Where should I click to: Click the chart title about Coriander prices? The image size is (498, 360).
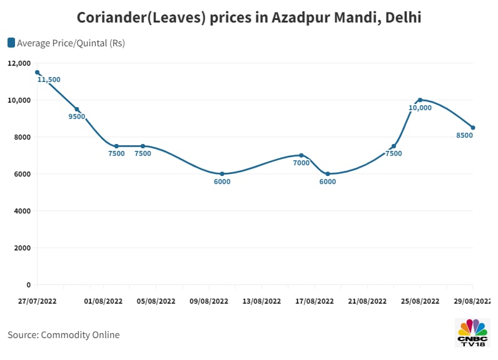click(x=249, y=18)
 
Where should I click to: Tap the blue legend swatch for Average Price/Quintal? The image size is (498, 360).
click(x=11, y=43)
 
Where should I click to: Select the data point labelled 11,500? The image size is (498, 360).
click(x=38, y=72)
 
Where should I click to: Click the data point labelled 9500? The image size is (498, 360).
click(x=77, y=109)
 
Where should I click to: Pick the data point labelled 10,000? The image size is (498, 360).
click(x=420, y=100)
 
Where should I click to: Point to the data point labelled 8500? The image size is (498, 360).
click(x=473, y=128)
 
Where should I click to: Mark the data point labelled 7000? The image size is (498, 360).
click(x=301, y=155)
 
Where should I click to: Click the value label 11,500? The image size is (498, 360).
click(x=49, y=80)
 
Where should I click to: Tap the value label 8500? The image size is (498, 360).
click(x=464, y=135)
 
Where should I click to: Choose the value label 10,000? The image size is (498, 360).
click(x=420, y=108)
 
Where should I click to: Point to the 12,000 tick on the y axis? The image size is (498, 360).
click(x=19, y=63)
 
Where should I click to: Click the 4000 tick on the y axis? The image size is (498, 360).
click(x=21, y=211)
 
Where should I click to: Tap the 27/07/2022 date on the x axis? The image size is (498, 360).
click(x=38, y=301)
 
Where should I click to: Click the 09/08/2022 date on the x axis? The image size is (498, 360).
click(x=209, y=301)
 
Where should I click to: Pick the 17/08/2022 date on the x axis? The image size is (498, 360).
click(x=315, y=301)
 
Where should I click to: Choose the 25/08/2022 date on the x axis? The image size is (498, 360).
click(x=420, y=301)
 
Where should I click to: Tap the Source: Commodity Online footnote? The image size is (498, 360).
click(x=63, y=335)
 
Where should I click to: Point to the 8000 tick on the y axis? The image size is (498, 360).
click(x=21, y=137)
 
